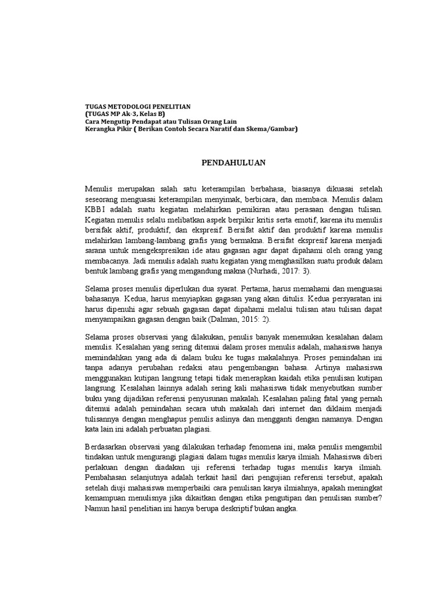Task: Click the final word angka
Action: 286,508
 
